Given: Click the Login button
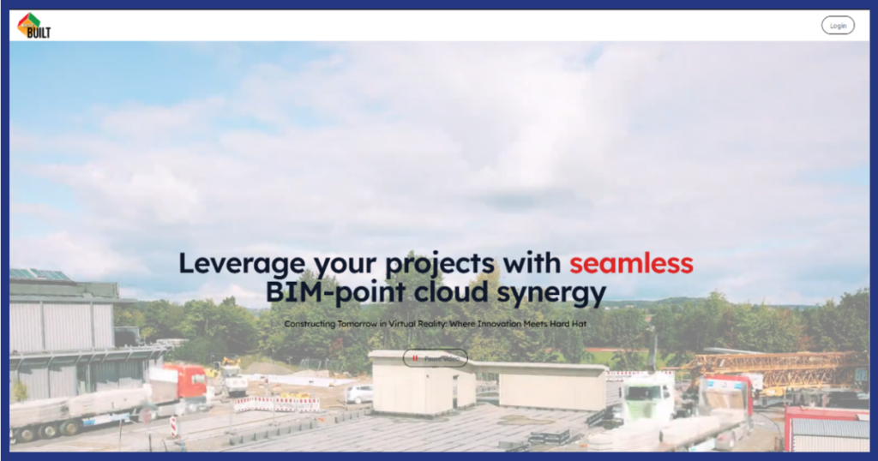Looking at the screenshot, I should tap(838, 26).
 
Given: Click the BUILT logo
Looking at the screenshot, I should tap(33, 26).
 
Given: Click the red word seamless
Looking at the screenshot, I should tap(631, 262).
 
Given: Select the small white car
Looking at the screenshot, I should tap(360, 393).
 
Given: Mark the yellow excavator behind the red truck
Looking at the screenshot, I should tap(230, 369).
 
